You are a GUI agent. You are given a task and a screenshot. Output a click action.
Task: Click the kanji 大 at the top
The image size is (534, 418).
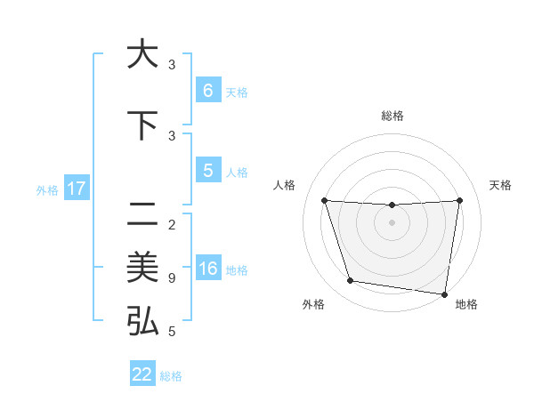click(x=142, y=55)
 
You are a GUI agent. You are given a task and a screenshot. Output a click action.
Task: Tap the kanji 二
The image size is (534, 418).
click(x=142, y=213)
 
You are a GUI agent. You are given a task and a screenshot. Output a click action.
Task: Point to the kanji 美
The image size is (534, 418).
click(x=142, y=267)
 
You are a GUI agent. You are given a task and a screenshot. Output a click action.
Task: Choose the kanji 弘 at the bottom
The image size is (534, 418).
click(x=142, y=320)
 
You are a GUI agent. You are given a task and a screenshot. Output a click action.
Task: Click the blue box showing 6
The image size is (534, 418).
click(x=207, y=91)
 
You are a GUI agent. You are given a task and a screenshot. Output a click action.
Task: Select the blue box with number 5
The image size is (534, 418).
click(x=207, y=171)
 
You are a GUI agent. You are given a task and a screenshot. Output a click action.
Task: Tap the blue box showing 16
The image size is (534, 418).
click(x=207, y=269)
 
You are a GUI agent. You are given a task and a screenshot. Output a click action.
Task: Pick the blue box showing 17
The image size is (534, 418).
click(x=77, y=189)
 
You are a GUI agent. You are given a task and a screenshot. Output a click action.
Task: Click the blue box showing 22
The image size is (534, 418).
click(x=142, y=374)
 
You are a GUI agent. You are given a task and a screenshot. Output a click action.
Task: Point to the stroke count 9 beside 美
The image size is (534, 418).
click(x=172, y=278)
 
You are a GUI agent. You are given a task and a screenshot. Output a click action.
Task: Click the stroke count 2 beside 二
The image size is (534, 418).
click(x=172, y=224)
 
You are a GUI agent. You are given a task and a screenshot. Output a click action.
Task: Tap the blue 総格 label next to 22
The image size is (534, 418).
click(x=171, y=375)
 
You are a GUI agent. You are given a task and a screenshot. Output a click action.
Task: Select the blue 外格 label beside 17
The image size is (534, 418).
click(x=46, y=189)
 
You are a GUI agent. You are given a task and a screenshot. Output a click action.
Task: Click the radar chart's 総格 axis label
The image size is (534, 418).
click(x=392, y=117)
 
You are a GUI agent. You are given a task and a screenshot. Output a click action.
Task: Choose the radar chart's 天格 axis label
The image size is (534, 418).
click(x=500, y=185)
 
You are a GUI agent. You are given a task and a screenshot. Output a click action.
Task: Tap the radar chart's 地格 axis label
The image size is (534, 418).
click(x=466, y=304)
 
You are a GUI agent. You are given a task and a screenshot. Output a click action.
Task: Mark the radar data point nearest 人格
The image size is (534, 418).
click(x=325, y=200)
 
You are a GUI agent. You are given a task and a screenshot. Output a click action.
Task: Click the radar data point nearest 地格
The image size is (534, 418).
click(x=444, y=294)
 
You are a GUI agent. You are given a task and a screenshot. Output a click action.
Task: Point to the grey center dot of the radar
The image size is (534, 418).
click(x=392, y=222)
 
